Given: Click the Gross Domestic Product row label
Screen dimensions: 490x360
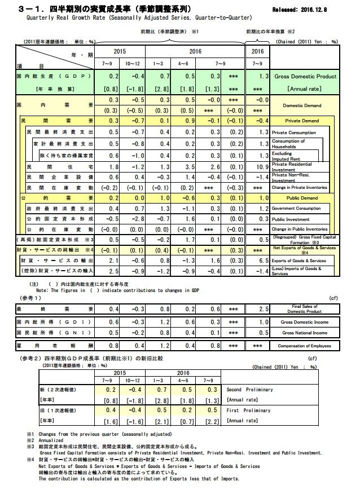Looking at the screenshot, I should click(x=305, y=76).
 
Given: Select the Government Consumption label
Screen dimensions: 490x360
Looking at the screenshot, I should click(x=300, y=209).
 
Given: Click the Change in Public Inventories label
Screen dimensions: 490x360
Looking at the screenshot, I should click(x=300, y=229).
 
